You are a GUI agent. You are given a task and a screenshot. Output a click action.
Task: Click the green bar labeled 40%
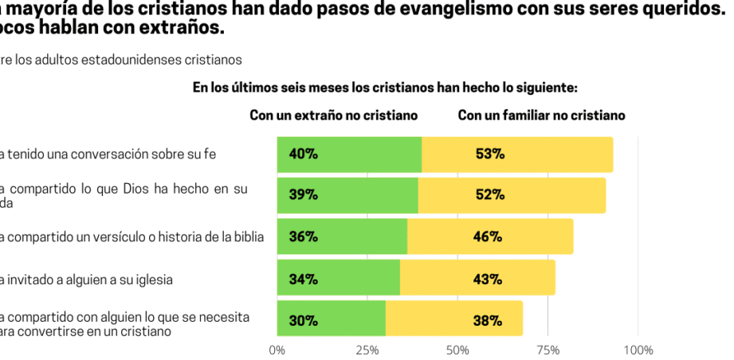pyautogui.click(x=349, y=155)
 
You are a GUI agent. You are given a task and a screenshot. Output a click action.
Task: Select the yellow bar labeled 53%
pyautogui.click(x=517, y=155)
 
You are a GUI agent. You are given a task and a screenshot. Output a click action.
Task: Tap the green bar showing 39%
pyautogui.click(x=347, y=195)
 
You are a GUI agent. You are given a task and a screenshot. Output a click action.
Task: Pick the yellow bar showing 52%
pyautogui.click(x=512, y=195)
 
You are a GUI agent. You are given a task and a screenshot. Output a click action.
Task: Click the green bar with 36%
pyautogui.click(x=342, y=237)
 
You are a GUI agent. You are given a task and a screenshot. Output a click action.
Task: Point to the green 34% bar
pyautogui.click(x=339, y=278)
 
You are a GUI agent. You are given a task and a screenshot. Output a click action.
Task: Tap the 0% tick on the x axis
pyautogui.click(x=277, y=350)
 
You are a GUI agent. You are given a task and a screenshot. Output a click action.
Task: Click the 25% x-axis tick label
pyautogui.click(x=367, y=350)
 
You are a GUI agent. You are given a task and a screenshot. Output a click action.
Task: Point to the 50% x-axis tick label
pyautogui.click(x=457, y=350)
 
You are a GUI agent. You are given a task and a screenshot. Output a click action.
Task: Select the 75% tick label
pyautogui.click(x=548, y=350)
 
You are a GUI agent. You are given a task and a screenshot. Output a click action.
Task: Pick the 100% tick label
pyautogui.click(x=638, y=350)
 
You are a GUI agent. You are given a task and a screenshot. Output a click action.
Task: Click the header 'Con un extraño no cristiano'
pyautogui.click(x=334, y=115)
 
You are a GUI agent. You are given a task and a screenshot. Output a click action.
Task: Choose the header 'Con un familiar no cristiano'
pyautogui.click(x=541, y=115)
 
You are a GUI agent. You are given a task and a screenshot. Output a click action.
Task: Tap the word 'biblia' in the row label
pyautogui.click(x=247, y=237)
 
